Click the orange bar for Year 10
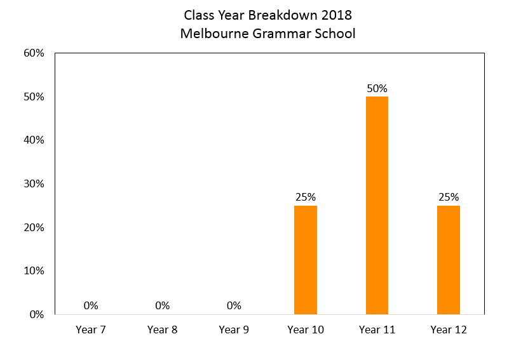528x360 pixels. coord(306,260)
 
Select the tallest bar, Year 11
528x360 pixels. coord(377,206)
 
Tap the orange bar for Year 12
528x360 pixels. coord(449,260)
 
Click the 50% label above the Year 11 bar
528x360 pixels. coord(377,88)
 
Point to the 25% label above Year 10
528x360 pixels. coord(306,197)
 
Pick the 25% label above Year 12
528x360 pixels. coord(449,197)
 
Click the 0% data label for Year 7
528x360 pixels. coord(91,305)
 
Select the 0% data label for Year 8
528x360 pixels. coord(162,305)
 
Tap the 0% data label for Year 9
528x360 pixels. coord(234,305)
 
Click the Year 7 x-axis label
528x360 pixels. coord(91,330)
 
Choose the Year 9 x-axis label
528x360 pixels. coord(234,330)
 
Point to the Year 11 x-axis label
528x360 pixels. coord(377,330)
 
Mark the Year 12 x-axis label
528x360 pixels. coord(449,330)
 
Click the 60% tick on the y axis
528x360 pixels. coord(34,53)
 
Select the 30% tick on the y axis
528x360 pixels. coord(34,183)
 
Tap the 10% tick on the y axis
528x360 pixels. coord(34,271)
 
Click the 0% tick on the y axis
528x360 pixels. coord(37,314)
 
